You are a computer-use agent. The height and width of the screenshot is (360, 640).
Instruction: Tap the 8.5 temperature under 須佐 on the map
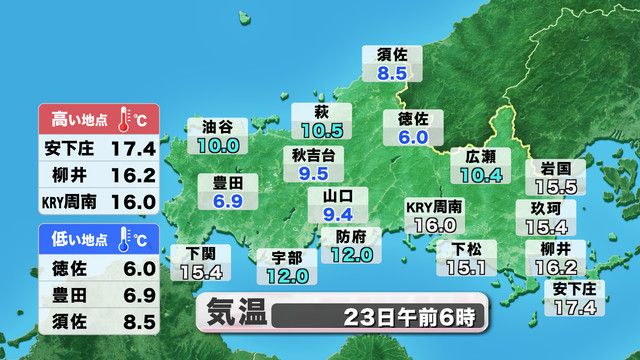tap(391, 72)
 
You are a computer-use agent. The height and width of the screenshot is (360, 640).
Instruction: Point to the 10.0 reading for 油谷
tap(218, 145)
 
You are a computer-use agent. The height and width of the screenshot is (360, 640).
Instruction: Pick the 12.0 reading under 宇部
tap(287, 275)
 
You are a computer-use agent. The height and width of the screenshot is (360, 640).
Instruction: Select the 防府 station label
tap(351, 237)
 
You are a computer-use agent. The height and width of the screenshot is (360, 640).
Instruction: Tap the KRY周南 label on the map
tap(434, 207)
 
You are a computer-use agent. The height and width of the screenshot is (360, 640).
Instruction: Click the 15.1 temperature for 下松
tap(465, 267)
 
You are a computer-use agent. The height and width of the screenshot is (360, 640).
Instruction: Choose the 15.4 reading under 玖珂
tap(546, 227)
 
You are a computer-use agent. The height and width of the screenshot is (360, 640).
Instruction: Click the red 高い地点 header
tap(75, 120)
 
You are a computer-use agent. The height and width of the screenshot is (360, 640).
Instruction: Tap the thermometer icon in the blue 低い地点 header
tap(126, 240)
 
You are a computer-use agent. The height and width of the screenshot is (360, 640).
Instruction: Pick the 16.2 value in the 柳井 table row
tap(135, 176)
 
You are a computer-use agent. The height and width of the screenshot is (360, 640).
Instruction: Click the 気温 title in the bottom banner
tap(237, 312)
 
